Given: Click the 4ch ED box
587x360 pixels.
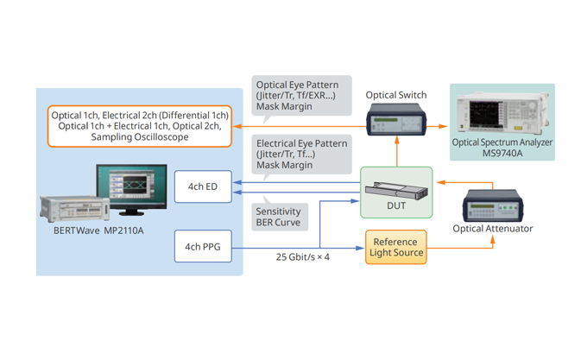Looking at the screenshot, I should pos(203,186).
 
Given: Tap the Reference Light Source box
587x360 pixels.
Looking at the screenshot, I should pos(396,247).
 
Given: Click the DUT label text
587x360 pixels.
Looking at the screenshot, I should pos(396,205).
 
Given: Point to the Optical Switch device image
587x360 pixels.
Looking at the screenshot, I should pos(396,120).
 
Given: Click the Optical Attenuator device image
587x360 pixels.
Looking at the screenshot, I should pos(494,205).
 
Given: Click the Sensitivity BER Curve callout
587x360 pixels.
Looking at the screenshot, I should pos(281,216).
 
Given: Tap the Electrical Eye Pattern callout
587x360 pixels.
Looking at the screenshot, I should pos(300,154).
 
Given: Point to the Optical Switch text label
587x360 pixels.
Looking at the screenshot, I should pos(396,95).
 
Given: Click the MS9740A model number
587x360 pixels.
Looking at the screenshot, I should pos(502,155).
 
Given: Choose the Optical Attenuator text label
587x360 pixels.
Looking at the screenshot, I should pos(493,229).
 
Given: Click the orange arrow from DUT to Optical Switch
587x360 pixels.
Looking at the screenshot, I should pos(396,153).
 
